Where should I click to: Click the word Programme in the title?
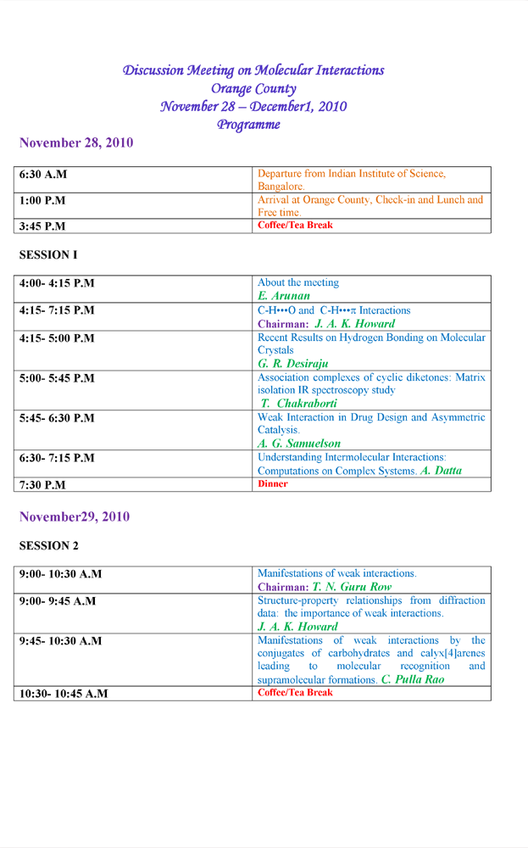point(248,125)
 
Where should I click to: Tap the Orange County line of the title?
point(253,88)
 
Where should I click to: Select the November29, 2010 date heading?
point(75,516)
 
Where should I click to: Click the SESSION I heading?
point(48,254)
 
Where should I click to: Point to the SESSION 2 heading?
point(48,546)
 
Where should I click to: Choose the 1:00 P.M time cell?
point(42,201)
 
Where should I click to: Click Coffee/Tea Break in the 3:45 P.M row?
point(295,226)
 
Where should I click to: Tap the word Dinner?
point(272,484)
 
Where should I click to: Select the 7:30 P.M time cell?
point(42,485)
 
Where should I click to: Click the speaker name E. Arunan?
point(284,296)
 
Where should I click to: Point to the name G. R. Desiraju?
point(293,363)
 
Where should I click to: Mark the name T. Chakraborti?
point(295,403)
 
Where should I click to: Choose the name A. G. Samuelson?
point(299,443)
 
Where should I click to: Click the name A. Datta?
point(441,471)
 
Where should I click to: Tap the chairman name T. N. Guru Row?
point(352,587)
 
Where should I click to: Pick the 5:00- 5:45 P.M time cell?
point(57,378)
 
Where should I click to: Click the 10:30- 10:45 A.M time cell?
point(64,694)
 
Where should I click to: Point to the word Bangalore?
point(281,186)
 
